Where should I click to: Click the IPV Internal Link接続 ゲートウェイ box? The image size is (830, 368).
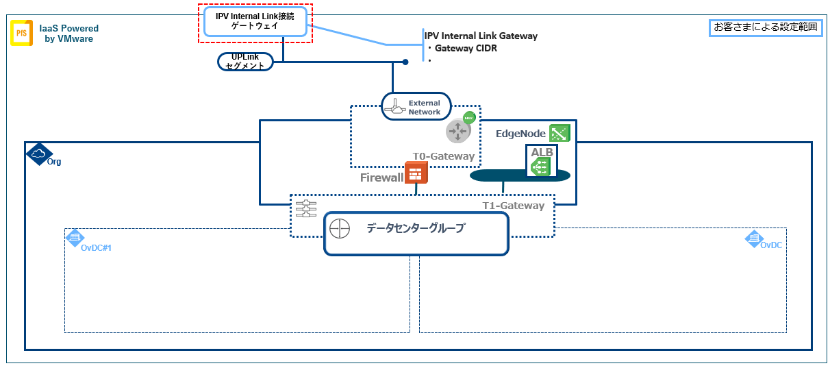point(255,21)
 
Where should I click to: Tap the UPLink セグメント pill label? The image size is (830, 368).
point(245,62)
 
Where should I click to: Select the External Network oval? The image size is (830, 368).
point(416,107)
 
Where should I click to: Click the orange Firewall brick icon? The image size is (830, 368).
point(416,173)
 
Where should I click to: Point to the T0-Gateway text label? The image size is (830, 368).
point(443,156)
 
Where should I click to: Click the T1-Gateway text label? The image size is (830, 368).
point(514,206)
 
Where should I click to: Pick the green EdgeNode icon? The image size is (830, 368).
point(559,133)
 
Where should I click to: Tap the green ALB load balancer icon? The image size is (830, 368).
point(539,165)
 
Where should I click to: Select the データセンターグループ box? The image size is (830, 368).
point(416,233)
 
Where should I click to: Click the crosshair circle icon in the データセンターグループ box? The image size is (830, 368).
point(340,228)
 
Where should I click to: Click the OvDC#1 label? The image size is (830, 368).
point(95,247)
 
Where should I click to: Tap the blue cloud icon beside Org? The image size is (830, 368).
point(39,154)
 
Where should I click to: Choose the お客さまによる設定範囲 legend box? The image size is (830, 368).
point(765,27)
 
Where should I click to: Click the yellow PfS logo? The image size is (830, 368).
point(21,33)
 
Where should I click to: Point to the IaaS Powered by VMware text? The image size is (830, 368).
point(68,34)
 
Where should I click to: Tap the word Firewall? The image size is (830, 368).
point(381,177)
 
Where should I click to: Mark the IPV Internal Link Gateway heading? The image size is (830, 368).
point(481,36)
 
